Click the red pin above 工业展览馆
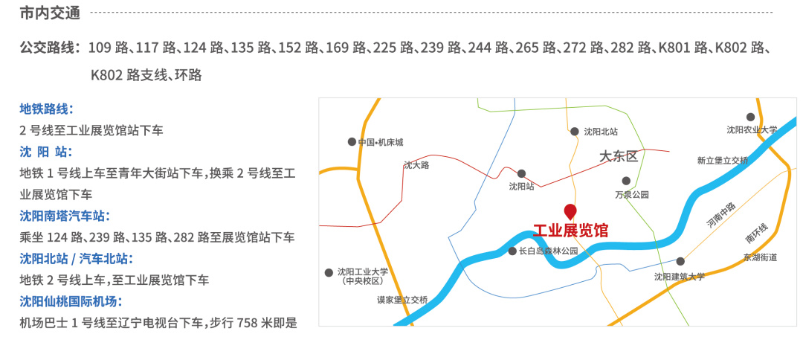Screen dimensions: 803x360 click(x=570, y=211)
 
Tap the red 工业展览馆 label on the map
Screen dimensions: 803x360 click(x=570, y=231)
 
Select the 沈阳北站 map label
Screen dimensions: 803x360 click(x=601, y=132)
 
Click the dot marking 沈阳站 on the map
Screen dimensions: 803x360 click(x=521, y=173)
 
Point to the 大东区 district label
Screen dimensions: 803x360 click(x=619, y=157)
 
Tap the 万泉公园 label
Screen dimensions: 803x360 click(x=631, y=195)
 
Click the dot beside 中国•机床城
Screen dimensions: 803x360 click(x=352, y=141)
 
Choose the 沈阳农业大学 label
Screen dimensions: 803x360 click(x=752, y=129)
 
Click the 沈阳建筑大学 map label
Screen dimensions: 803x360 click(x=679, y=276)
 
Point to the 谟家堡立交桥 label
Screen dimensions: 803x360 click(x=402, y=300)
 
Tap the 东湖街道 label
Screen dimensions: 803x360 click(x=760, y=257)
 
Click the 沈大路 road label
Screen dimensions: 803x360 click(x=416, y=165)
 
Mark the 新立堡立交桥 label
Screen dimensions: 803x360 click(x=722, y=160)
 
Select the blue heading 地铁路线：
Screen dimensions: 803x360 click(x=46, y=109)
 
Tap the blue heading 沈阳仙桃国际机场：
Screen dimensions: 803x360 click(x=71, y=301)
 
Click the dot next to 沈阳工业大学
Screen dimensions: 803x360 click(x=329, y=273)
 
